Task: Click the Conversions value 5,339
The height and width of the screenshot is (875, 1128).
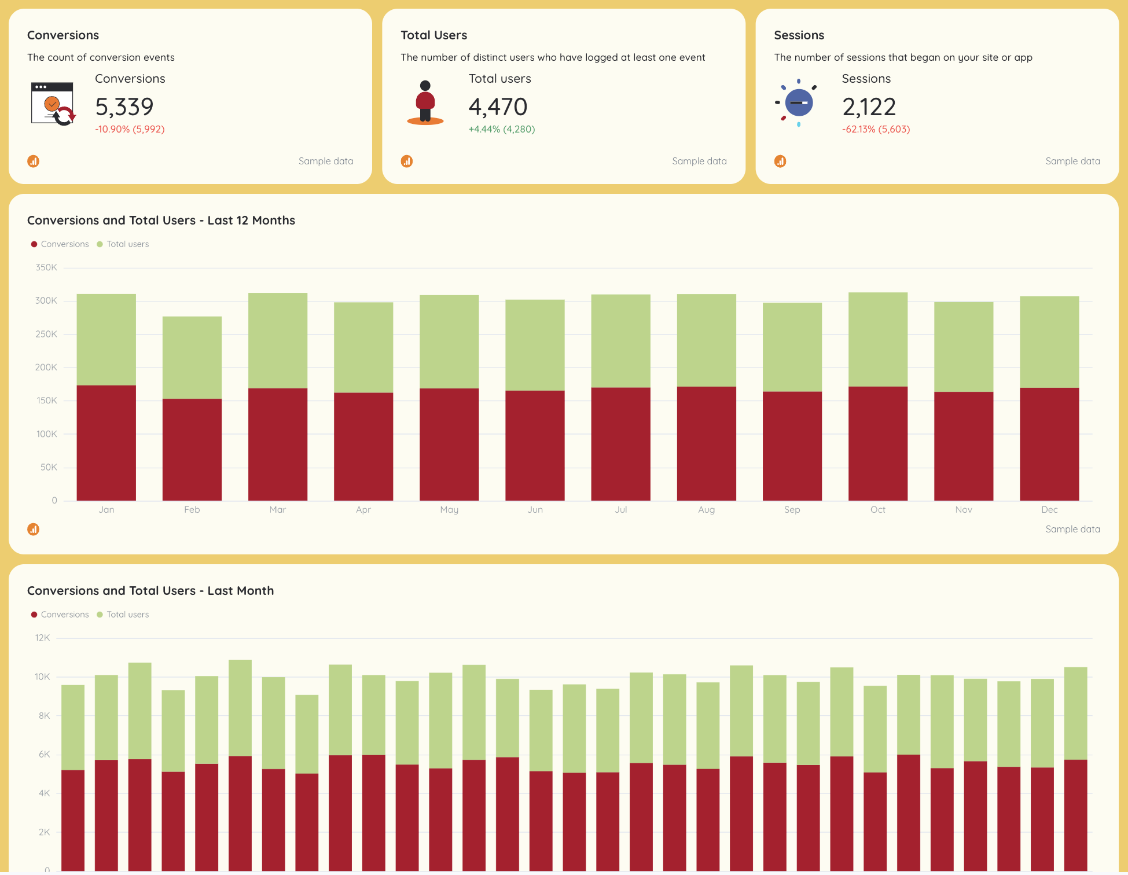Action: point(124,107)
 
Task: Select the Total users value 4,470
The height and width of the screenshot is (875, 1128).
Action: point(498,107)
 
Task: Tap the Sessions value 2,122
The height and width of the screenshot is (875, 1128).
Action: point(869,107)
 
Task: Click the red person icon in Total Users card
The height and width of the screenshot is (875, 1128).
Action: point(425,102)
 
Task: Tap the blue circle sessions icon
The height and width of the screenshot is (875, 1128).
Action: point(798,103)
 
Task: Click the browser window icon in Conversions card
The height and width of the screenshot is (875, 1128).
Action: point(53,104)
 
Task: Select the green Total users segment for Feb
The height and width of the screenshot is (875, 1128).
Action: point(192,357)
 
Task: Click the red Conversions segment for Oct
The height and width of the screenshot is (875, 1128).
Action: point(877,443)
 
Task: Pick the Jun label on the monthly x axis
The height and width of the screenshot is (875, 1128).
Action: point(535,509)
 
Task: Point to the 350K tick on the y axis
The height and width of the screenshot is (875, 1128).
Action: point(46,267)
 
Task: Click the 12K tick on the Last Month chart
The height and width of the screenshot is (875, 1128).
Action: point(43,638)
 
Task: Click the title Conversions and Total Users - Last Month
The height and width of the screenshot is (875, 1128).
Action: point(150,591)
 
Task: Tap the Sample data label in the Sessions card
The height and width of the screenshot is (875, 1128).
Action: point(1072,161)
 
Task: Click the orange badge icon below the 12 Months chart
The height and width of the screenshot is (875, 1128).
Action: point(34,529)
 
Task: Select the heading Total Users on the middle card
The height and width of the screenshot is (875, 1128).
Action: point(433,35)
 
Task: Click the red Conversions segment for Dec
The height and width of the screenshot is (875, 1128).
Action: point(1049,443)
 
